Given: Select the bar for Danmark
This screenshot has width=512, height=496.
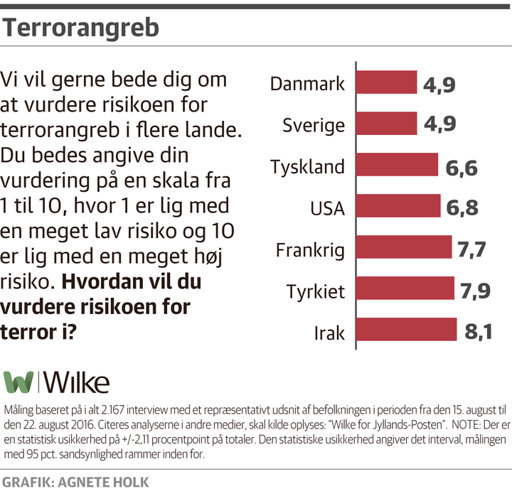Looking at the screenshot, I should [x=385, y=84].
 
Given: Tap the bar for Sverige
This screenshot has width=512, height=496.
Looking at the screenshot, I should [x=385, y=125].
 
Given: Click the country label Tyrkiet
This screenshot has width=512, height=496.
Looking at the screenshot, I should [x=315, y=291].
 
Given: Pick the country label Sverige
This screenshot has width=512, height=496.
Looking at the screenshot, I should [x=313, y=126].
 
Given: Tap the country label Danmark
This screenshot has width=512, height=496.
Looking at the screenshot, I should [x=307, y=84].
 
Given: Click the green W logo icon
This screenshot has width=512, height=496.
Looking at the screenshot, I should [x=18, y=382].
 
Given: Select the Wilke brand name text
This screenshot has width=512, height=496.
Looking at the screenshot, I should [x=78, y=382].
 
